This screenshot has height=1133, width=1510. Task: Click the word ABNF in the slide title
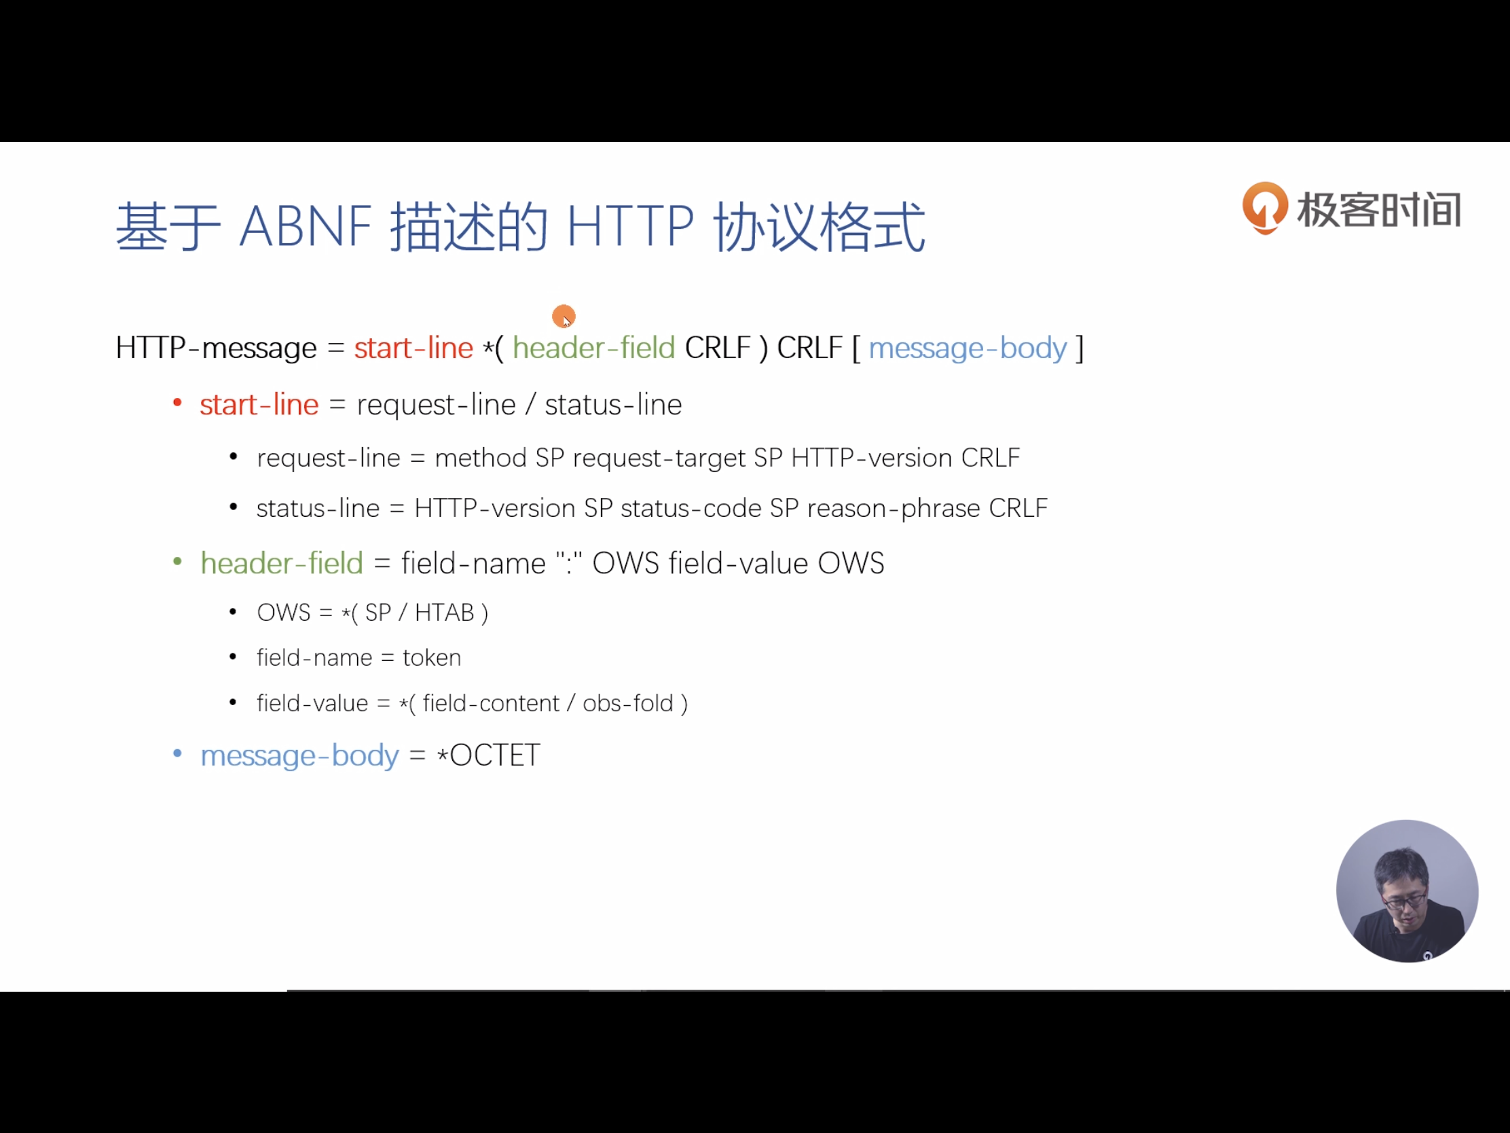(305, 227)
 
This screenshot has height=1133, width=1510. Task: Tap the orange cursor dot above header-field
(564, 317)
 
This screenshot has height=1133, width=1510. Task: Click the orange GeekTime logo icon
(1264, 208)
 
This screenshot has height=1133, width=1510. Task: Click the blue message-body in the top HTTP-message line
(968, 348)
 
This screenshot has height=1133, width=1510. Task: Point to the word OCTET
(495, 755)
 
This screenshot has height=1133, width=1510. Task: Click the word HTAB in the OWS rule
(445, 613)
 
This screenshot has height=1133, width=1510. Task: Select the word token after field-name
(431, 658)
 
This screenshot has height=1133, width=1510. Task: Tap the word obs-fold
(627, 704)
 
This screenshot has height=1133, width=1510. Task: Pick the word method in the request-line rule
(481, 458)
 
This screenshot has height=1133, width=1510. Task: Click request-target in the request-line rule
(659, 458)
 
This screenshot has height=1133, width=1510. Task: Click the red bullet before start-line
(177, 403)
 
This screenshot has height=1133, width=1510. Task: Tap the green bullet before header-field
(177, 562)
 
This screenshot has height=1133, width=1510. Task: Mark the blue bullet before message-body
(177, 754)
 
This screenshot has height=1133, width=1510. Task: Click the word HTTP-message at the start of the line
(216, 348)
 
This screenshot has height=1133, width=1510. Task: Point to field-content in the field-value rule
(491, 704)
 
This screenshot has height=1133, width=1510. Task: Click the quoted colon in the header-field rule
(569, 562)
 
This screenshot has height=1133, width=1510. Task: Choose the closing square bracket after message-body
(1080, 348)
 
